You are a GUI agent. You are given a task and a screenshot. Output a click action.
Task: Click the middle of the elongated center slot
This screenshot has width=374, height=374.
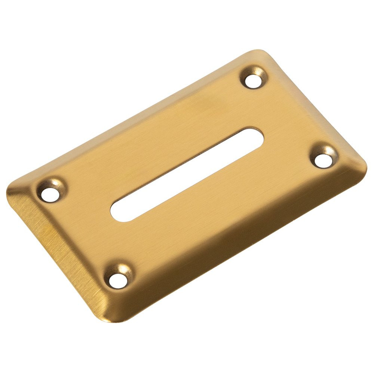pos(187,174)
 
